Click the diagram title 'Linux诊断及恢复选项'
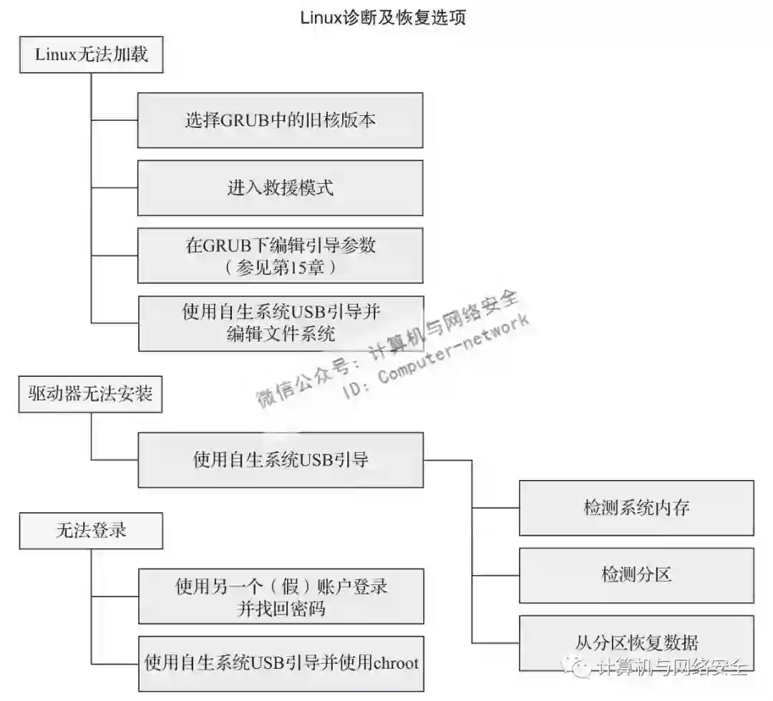coord(383,17)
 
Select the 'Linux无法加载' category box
coord(92,54)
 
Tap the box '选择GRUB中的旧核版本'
coord(280,120)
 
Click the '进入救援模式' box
coord(280,187)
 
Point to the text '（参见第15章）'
coord(280,267)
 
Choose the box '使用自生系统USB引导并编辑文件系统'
coord(280,323)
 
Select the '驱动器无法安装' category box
coord(91,393)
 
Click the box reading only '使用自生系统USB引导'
coord(280,460)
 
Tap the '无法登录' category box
coord(91,530)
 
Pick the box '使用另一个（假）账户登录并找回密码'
coord(280,597)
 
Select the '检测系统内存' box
coord(636,508)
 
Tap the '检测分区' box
coord(636,575)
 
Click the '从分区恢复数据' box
coord(636,641)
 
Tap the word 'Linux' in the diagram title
coord(319,17)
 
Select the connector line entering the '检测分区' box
coord(495,575)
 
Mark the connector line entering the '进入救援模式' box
coord(115,188)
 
